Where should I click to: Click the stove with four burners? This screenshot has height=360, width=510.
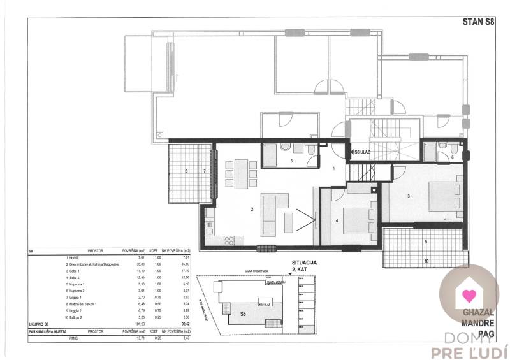pyautogui.click(x=228, y=240)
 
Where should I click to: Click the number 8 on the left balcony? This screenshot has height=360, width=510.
pyautogui.click(x=186, y=171)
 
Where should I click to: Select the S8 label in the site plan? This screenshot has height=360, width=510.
pyautogui.click(x=244, y=315)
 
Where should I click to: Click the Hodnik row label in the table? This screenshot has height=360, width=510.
pyautogui.click(x=74, y=258)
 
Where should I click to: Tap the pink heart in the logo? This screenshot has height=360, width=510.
pyautogui.click(x=469, y=296)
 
